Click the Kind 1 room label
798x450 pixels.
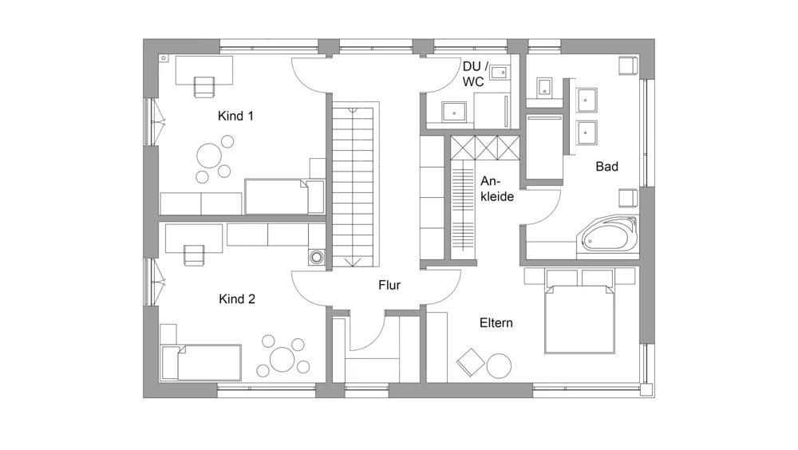point(235,116)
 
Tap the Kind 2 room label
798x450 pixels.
point(237,299)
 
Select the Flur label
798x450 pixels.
point(389,285)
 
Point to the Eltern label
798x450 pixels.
point(496,322)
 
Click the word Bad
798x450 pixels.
point(606,167)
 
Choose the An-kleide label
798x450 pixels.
point(497,189)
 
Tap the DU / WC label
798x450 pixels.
point(475,74)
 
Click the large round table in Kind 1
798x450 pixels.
point(208,156)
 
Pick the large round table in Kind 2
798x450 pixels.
point(282,359)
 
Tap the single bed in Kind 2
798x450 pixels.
point(200,362)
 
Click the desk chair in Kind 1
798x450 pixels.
point(204,86)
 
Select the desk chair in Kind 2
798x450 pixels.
point(193,255)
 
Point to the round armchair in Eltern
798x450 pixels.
point(499,366)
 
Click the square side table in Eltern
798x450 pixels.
point(471,362)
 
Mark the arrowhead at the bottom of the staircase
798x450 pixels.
point(352,262)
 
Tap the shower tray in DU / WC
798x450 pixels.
point(453,112)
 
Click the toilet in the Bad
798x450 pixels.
point(544,88)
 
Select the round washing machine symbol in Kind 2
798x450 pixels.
point(317,257)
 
